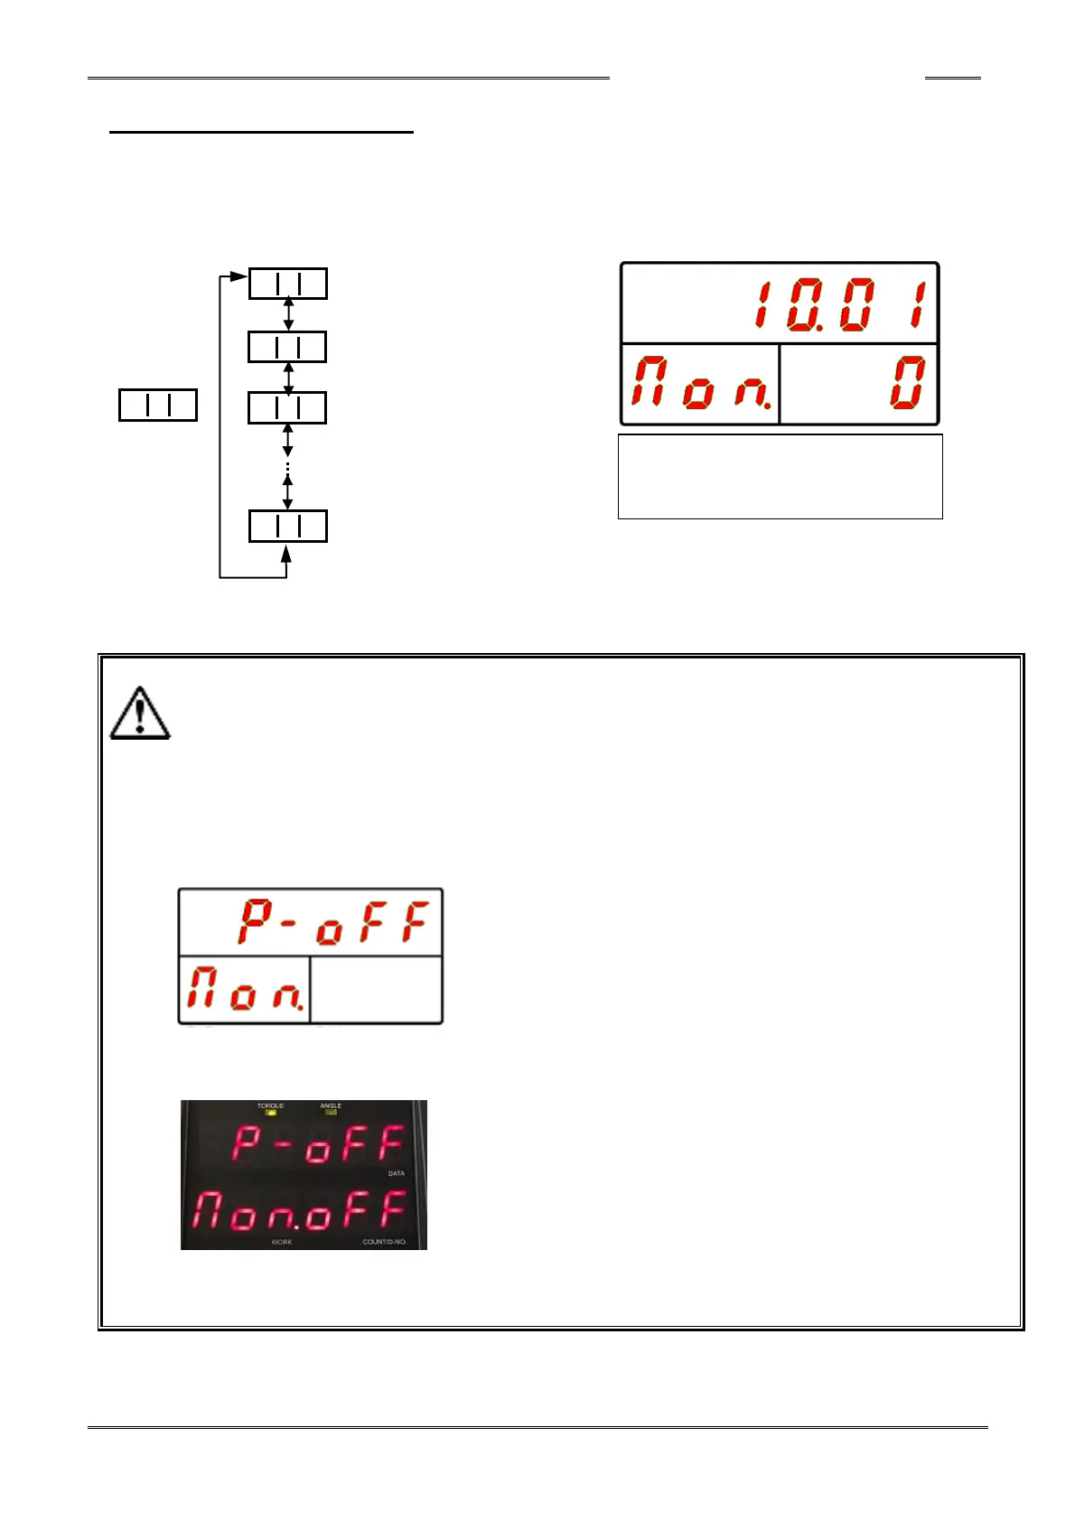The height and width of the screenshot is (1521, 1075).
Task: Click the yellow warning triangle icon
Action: (140, 714)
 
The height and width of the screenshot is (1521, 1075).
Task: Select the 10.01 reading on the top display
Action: (840, 305)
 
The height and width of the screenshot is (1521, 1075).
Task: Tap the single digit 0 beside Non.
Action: (907, 382)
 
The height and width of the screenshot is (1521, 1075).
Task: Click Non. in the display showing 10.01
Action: (701, 382)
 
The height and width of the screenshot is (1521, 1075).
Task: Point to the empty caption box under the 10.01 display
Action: (780, 476)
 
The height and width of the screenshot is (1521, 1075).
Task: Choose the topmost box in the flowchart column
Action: (287, 284)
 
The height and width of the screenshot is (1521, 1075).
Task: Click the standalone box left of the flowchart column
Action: (158, 406)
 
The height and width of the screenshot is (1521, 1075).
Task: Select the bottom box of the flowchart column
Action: (287, 527)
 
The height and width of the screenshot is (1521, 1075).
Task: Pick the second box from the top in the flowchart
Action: (287, 347)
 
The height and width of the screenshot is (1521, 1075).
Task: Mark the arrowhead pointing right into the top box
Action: (238, 276)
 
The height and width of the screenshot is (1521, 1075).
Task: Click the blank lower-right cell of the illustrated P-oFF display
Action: (376, 990)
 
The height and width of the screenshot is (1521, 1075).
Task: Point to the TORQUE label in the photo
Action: (270, 1106)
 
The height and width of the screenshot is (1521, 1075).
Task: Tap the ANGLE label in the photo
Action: (331, 1106)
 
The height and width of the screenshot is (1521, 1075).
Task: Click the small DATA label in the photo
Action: (396, 1173)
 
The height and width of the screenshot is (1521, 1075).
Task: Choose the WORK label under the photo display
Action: (281, 1242)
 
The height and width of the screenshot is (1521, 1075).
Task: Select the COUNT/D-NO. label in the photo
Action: (384, 1242)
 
